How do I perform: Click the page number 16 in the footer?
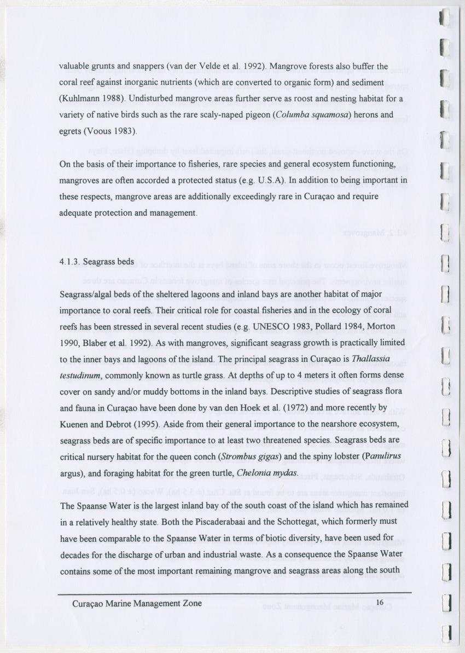click(x=381, y=603)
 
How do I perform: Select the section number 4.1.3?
click(x=71, y=262)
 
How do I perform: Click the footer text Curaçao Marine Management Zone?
click(x=137, y=603)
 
